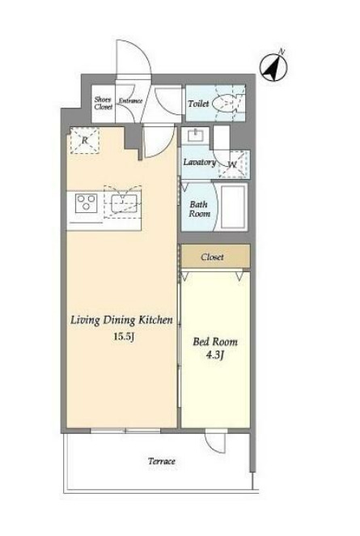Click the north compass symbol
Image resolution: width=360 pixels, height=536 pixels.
pos(273,67)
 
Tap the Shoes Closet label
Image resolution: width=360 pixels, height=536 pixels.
pos(104,103)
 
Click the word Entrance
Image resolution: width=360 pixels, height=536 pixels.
pos(130,101)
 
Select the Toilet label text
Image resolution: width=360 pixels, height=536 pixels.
pos(198,104)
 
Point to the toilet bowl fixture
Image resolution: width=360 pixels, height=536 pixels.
pos(227,104)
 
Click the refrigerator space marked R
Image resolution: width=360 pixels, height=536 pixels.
pos(85,140)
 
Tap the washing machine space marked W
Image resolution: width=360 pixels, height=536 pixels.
pos(233,164)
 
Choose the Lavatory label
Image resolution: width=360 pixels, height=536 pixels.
pos(200,162)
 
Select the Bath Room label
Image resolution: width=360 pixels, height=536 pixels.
pos(200,209)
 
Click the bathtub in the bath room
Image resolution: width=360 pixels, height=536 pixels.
pos(234,207)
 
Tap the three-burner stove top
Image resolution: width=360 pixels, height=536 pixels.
pos(86,203)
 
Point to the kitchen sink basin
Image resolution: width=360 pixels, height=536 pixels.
pos(124,203)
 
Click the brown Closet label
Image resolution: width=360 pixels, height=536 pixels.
pos(212,257)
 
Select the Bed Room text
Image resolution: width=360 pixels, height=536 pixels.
pos(215,342)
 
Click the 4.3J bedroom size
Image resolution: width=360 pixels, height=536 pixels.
pos(215,355)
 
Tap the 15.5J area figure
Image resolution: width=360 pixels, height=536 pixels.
pos(123,337)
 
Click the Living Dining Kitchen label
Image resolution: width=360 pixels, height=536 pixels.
pos(121,321)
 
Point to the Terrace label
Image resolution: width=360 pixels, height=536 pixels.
pos(162,462)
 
